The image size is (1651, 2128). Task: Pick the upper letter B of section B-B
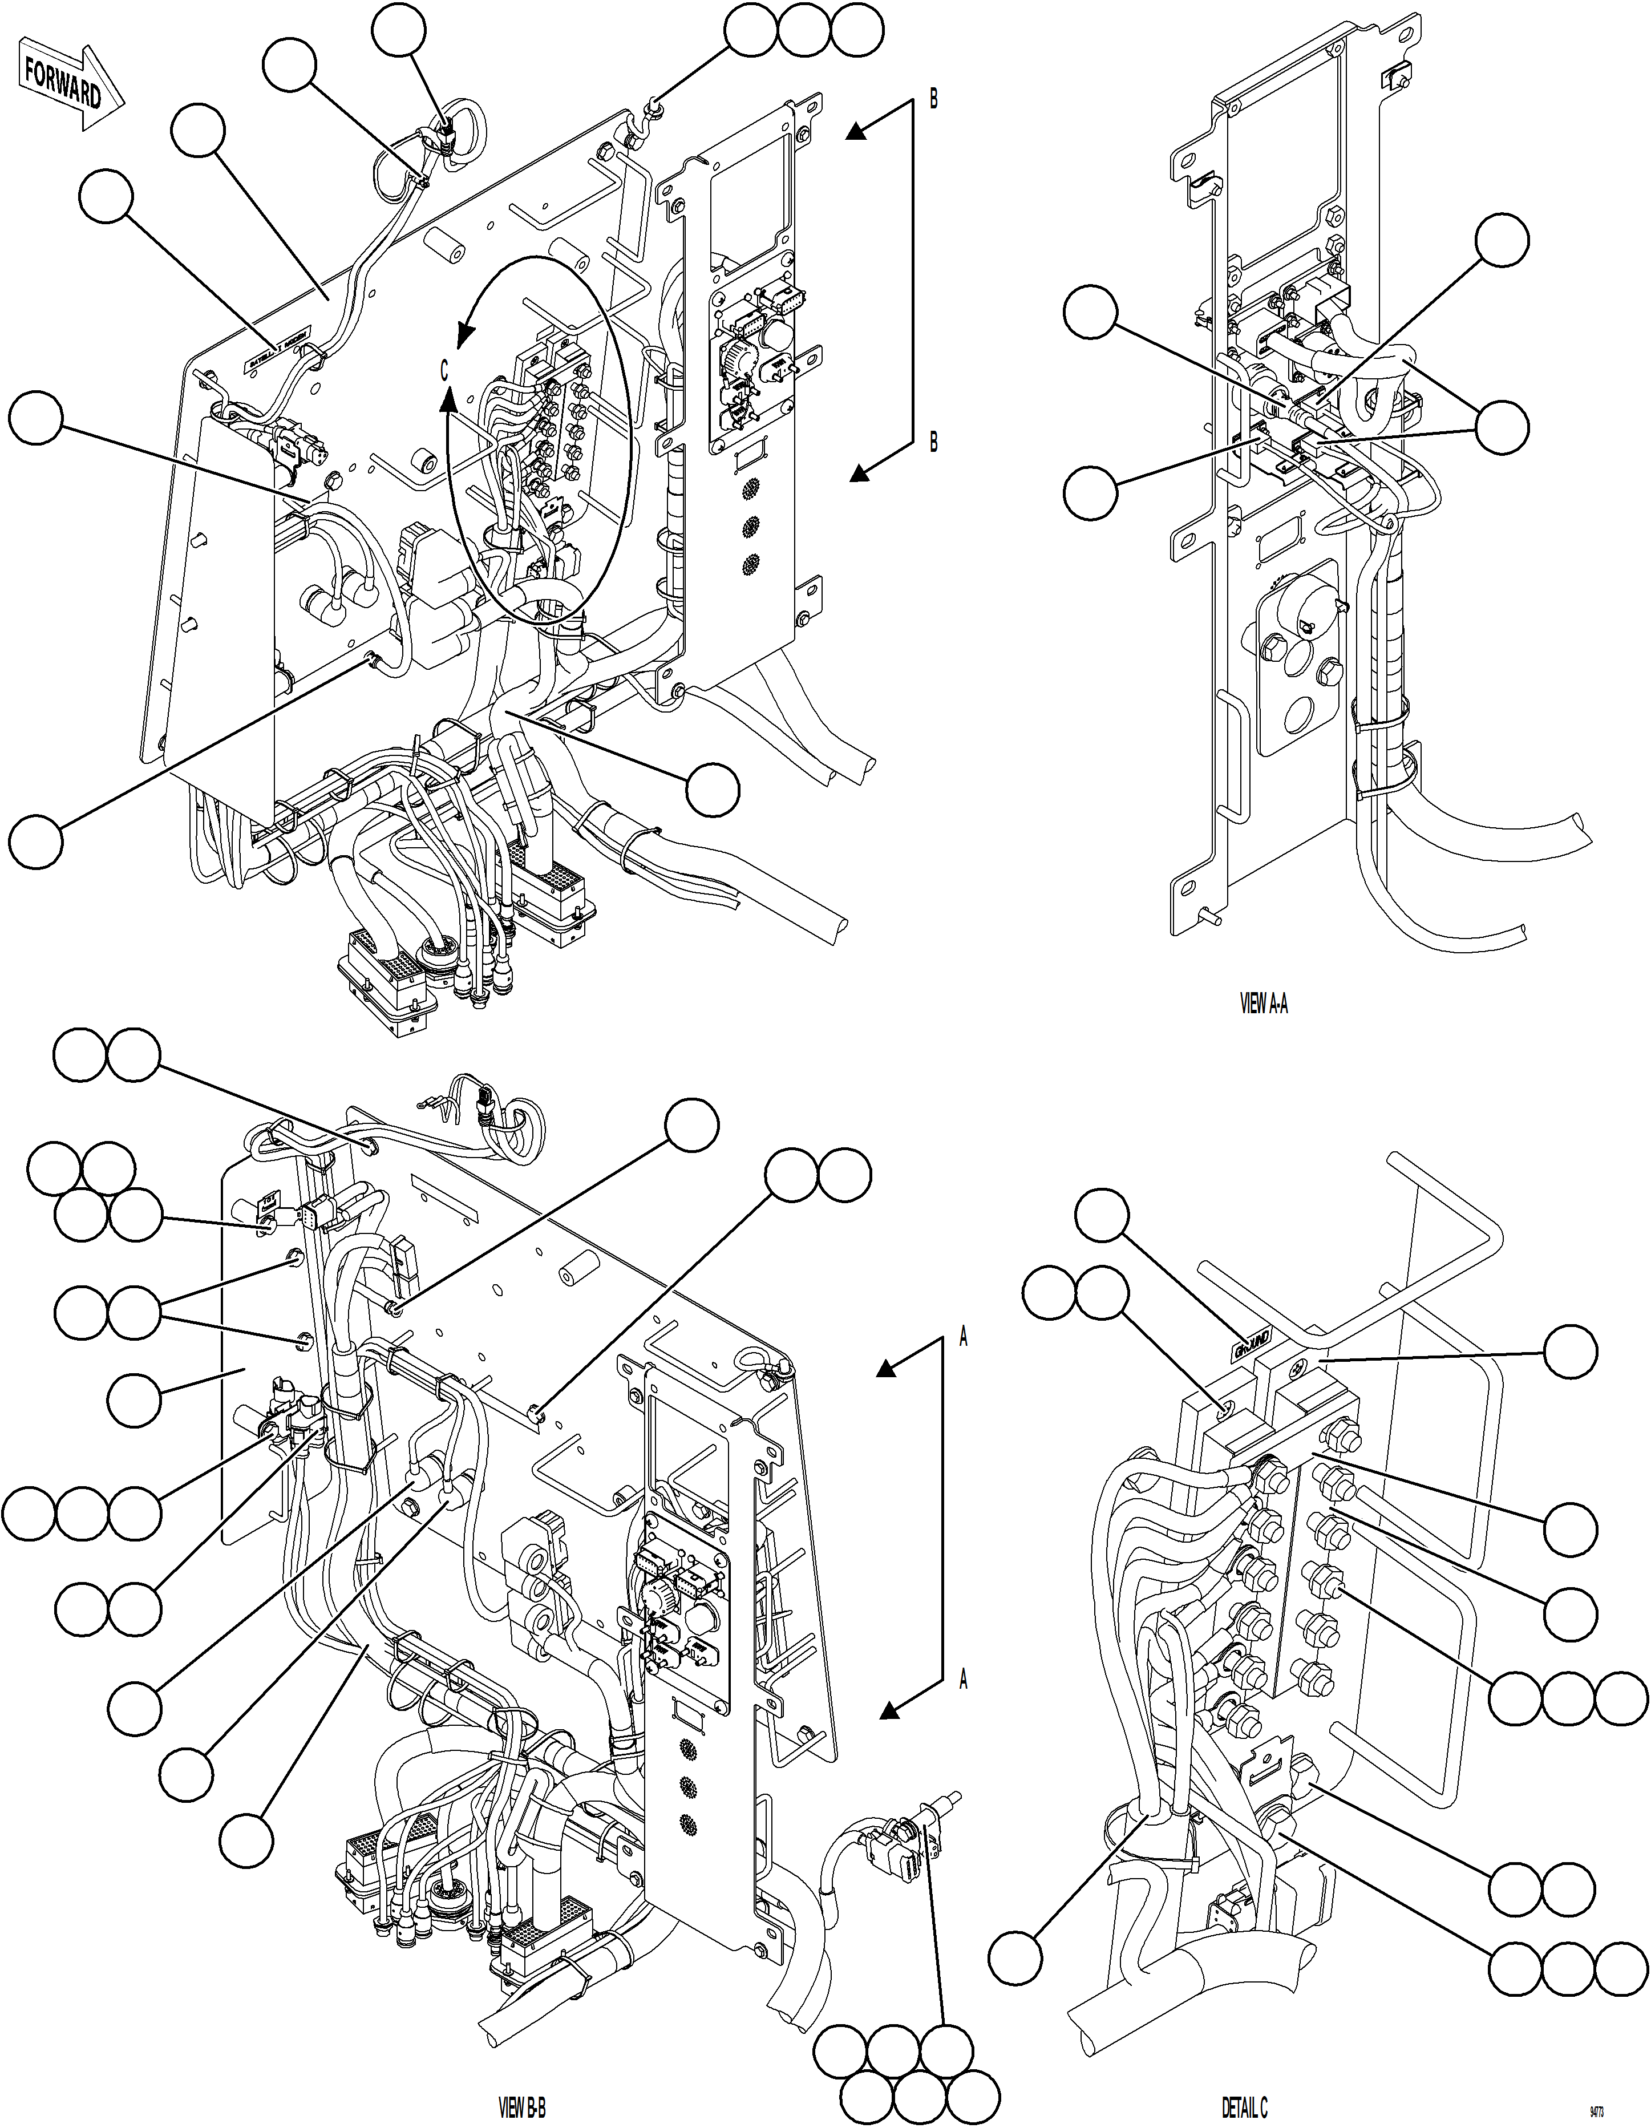click(933, 99)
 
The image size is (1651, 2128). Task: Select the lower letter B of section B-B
click(933, 442)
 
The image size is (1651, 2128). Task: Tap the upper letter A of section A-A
click(964, 1338)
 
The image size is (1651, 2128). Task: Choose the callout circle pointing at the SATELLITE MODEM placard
click(105, 198)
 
